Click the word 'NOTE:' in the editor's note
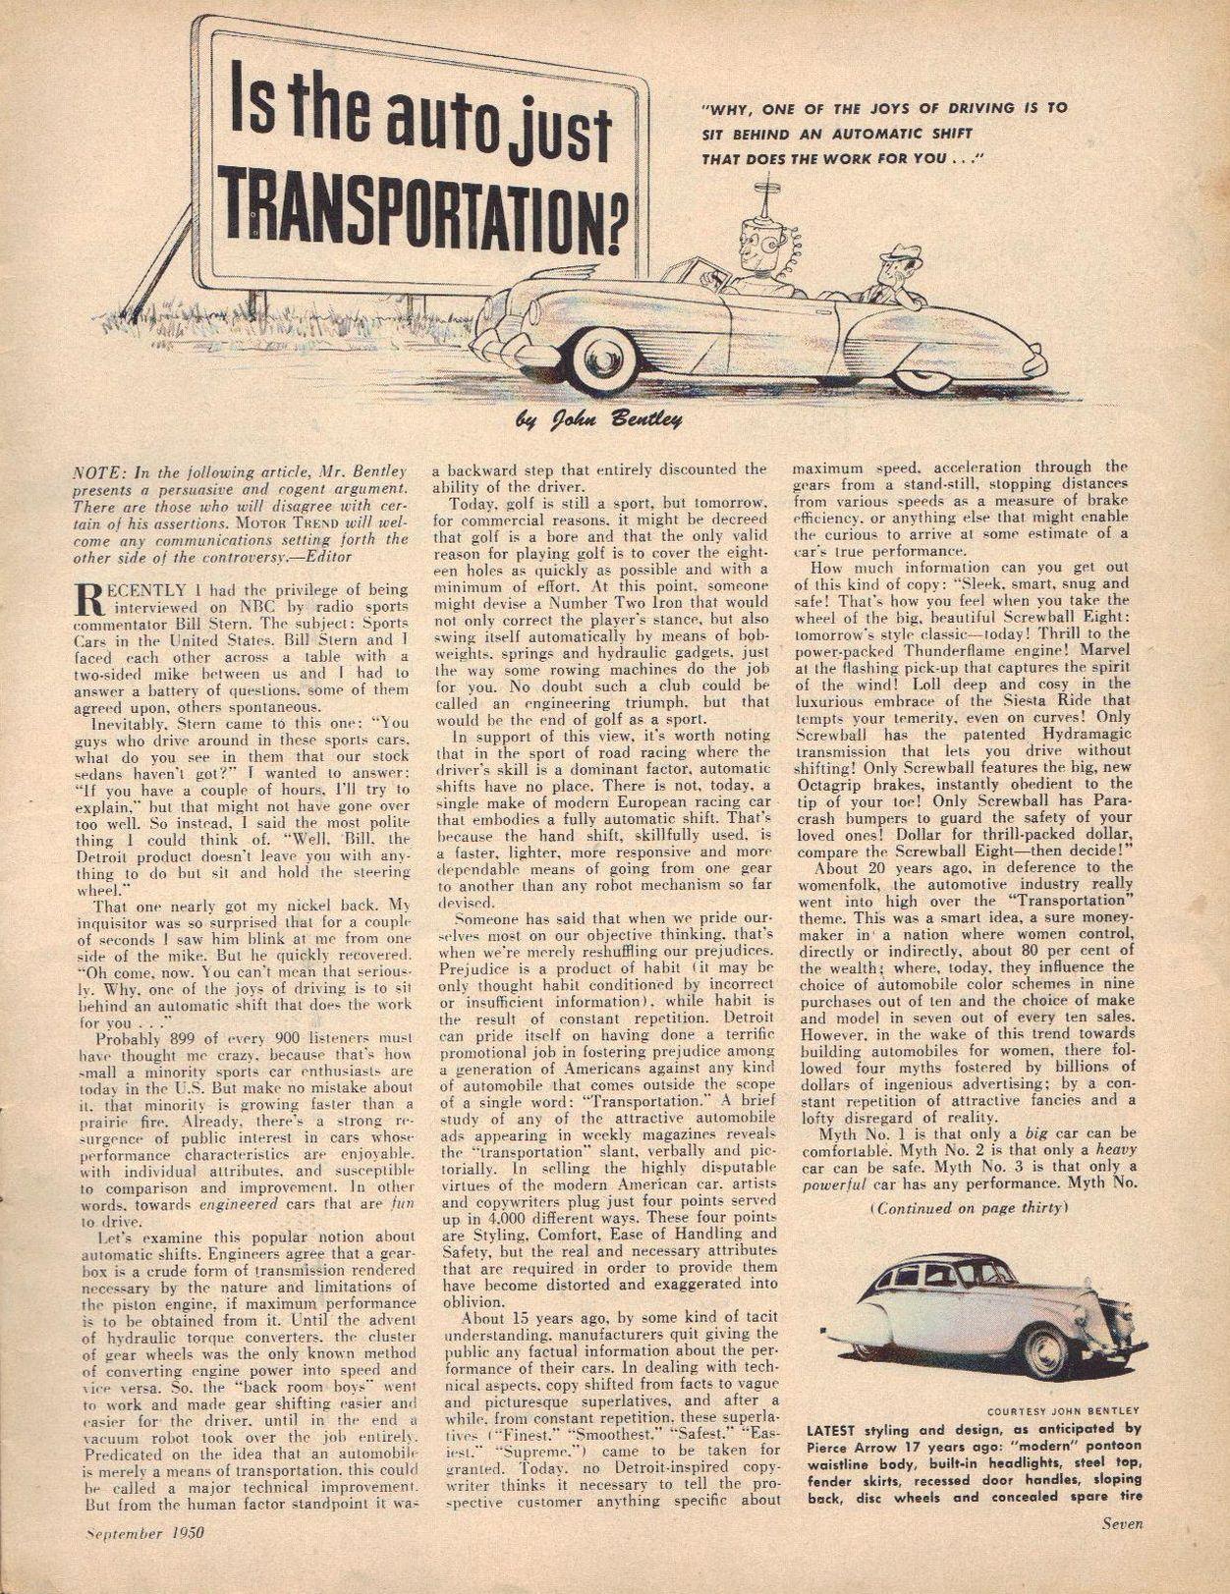(x=99, y=470)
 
